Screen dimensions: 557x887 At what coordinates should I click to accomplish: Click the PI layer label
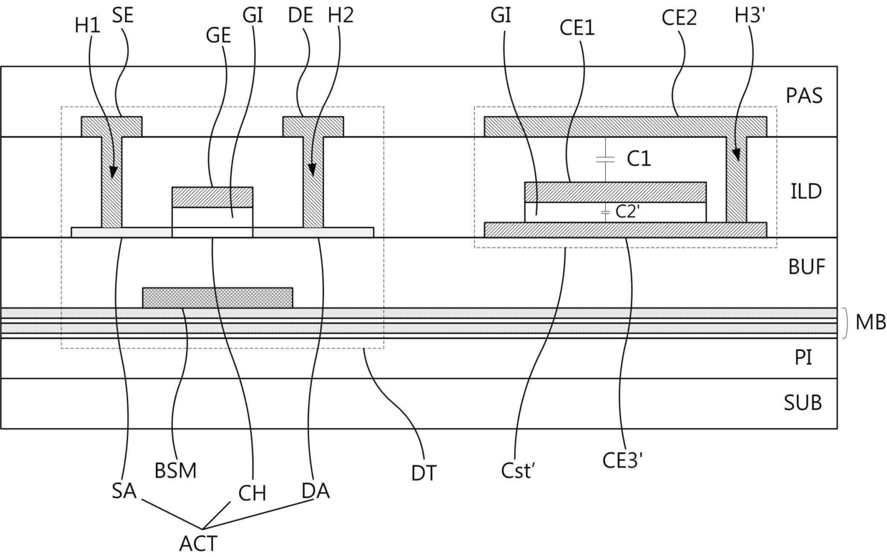804,357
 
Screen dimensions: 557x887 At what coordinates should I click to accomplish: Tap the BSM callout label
176,471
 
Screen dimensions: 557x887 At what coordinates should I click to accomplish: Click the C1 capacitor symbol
606,159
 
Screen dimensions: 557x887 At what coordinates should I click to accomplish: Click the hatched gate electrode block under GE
212,197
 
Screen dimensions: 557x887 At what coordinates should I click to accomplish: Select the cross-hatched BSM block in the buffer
217,297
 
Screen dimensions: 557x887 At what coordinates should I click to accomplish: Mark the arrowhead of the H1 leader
112,174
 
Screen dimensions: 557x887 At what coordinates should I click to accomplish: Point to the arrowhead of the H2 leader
313,172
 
